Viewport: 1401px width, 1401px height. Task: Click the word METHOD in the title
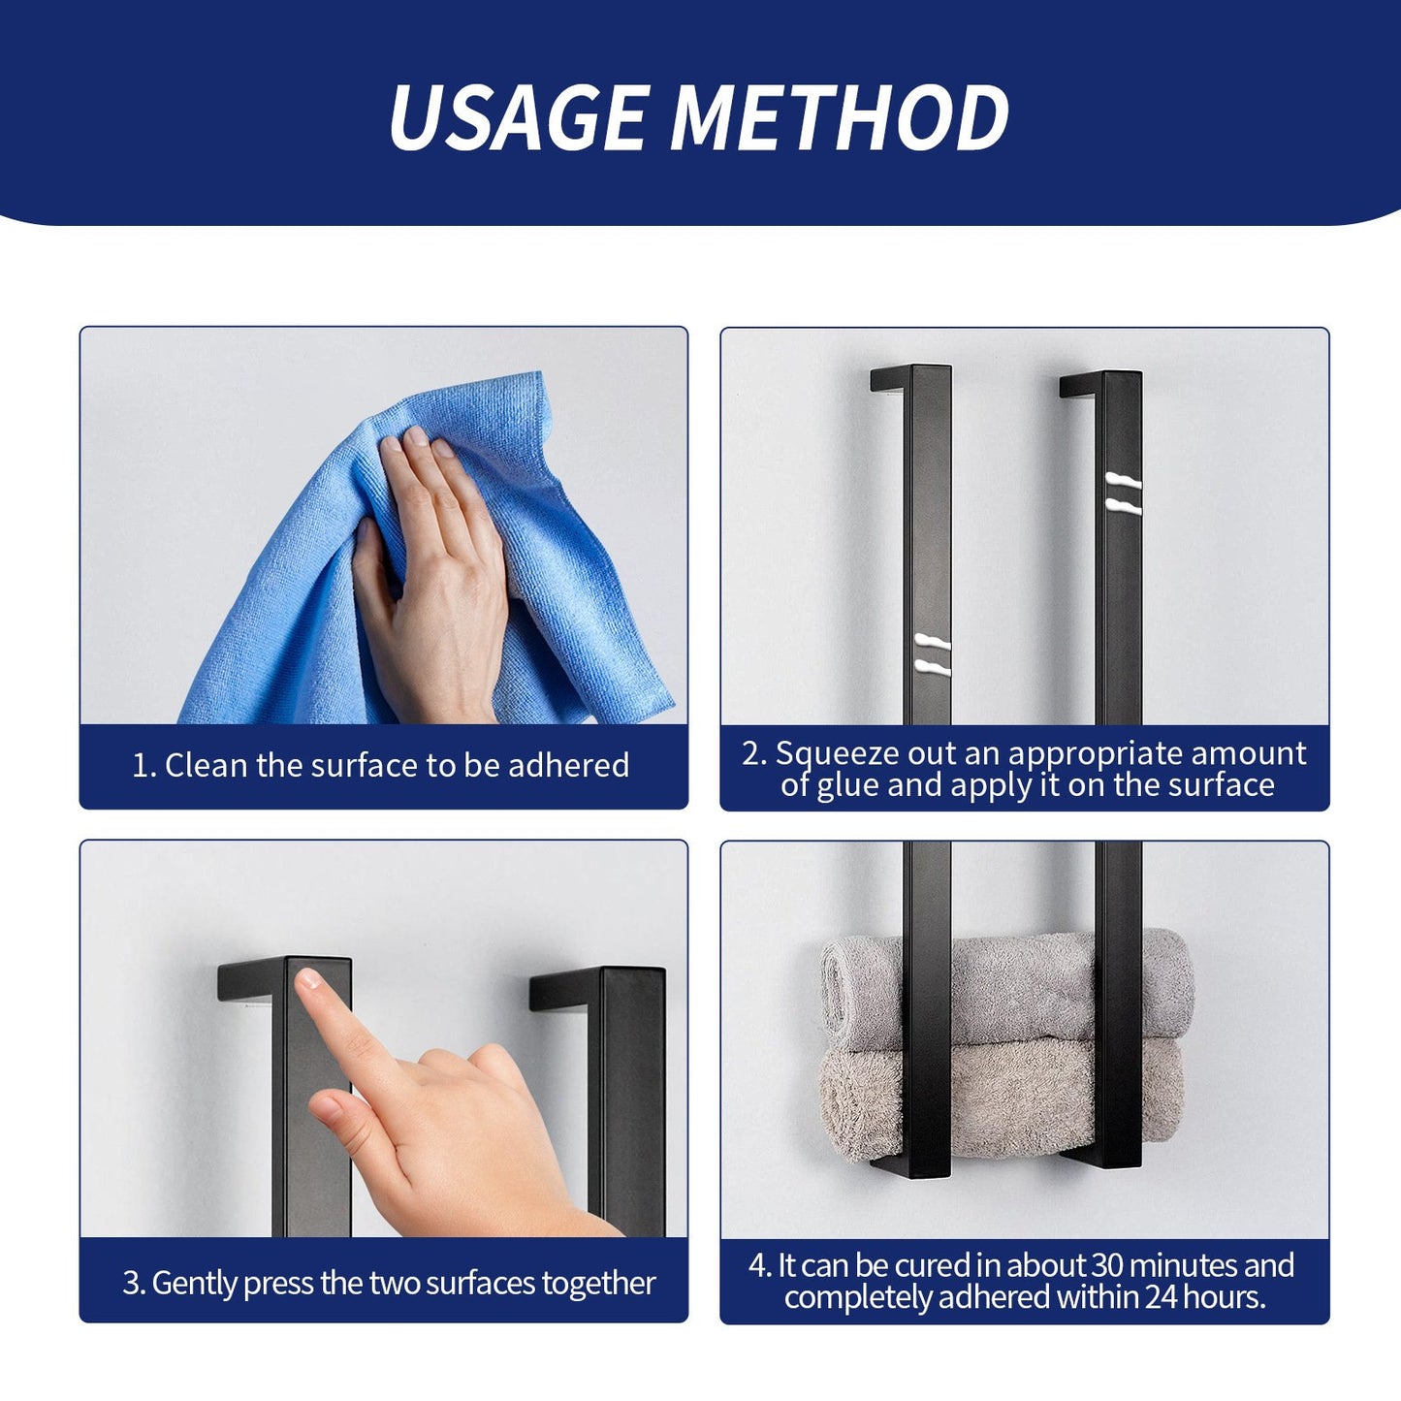[x=839, y=117]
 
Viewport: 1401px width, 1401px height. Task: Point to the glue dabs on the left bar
[x=931, y=654]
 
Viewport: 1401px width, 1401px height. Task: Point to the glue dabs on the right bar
[x=1123, y=494]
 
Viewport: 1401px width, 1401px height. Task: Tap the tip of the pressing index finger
[x=308, y=980]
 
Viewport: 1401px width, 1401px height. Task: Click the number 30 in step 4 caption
[x=1108, y=1265]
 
